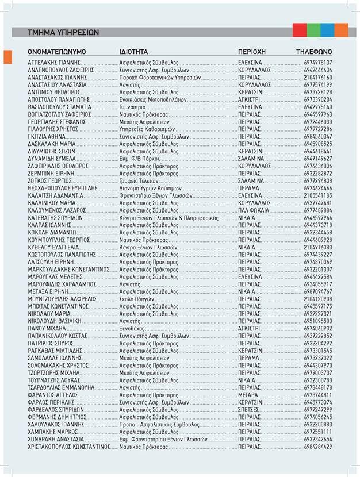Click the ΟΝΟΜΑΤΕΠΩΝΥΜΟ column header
56,52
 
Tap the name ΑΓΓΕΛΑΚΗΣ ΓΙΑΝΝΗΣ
53,61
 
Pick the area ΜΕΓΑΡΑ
249,395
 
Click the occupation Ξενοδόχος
132,328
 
